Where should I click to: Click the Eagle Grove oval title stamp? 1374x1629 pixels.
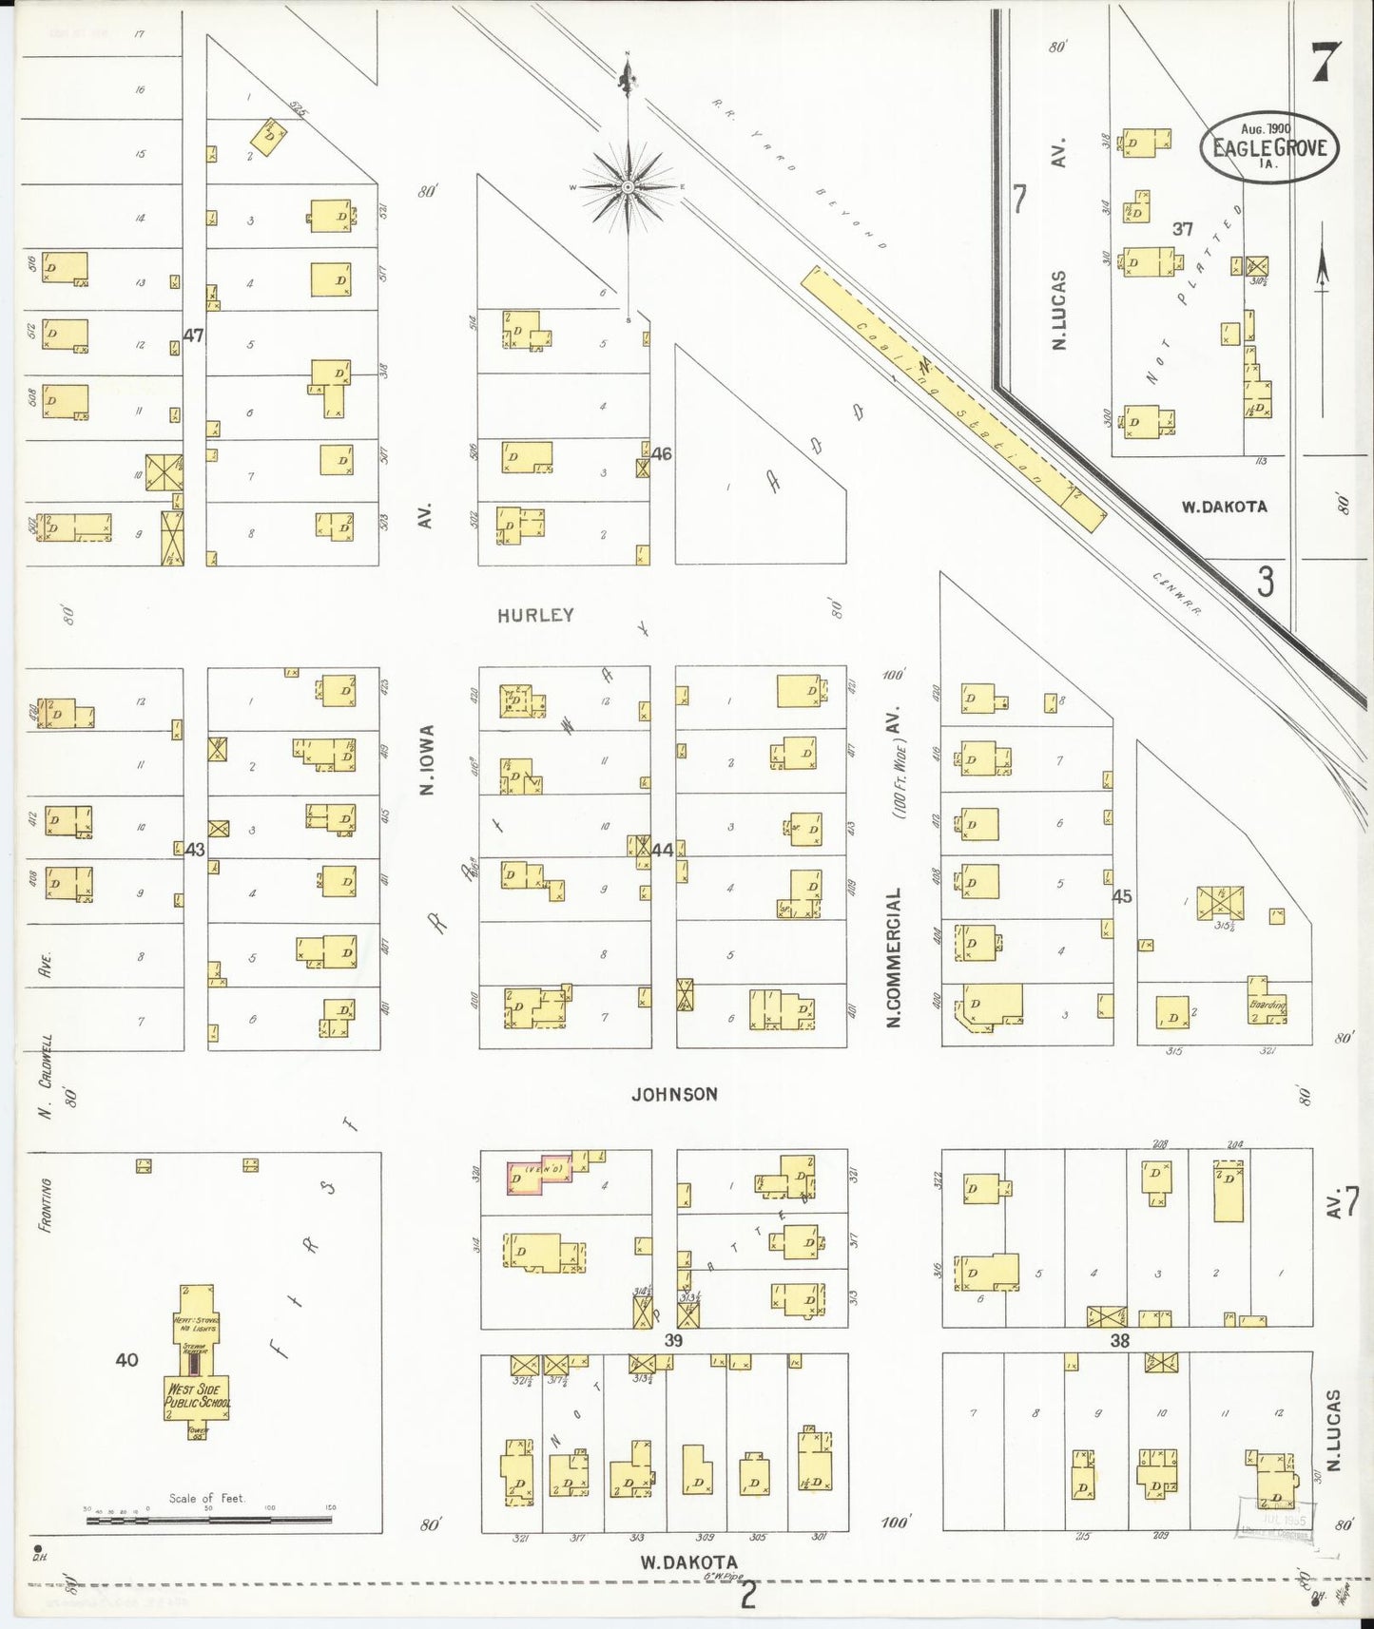coord(1268,147)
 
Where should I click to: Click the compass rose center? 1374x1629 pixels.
coord(628,187)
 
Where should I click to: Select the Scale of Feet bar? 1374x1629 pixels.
coord(209,1520)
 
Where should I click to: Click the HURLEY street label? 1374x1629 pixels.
coord(535,615)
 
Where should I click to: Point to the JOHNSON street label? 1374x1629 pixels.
coord(674,1094)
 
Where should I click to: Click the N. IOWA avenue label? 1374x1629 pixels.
coord(427,760)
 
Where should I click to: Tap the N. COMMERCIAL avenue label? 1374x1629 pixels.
coord(894,958)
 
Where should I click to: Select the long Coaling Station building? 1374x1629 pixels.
coord(953,399)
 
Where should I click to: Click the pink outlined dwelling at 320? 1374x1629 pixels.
coord(537,1176)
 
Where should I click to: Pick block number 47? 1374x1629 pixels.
coord(194,335)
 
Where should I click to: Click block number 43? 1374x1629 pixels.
coord(195,850)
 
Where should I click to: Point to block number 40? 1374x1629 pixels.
coord(126,1360)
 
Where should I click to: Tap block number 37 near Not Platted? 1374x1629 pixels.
coord(1182,229)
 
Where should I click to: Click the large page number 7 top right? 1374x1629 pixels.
coord(1326,63)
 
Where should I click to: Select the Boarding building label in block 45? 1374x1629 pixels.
coord(1267,1005)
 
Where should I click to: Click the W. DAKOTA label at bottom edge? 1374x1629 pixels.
coord(688,1562)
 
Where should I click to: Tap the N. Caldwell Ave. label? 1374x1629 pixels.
coord(45,1036)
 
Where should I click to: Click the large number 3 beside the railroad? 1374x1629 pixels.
coord(1265,582)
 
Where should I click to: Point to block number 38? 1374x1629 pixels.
coord(1120,1340)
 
